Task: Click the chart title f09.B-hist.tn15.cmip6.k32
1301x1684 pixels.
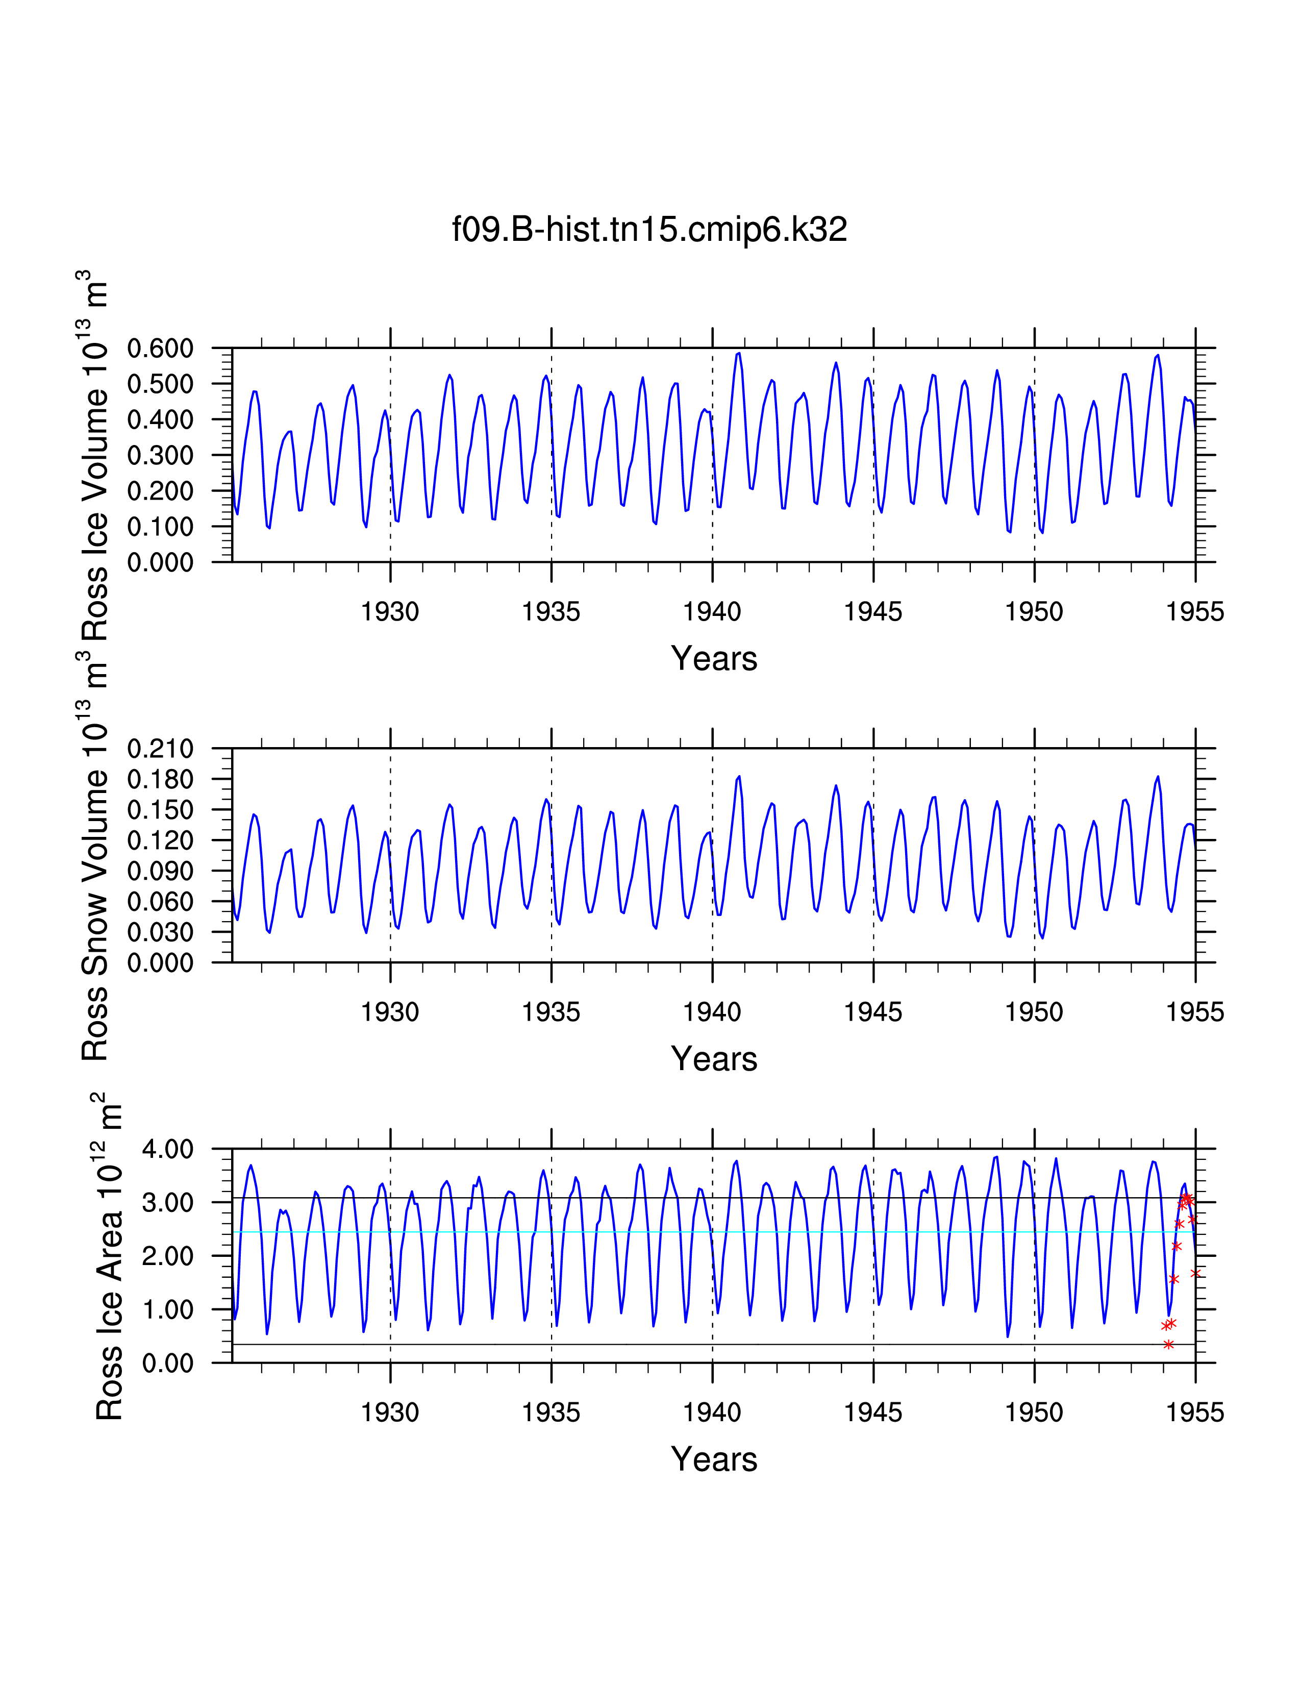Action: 649,230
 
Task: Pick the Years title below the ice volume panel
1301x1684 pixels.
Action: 714,658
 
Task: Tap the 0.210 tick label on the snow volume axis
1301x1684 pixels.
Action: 160,748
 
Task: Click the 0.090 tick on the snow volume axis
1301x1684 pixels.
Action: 160,871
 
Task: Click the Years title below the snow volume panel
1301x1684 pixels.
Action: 714,1059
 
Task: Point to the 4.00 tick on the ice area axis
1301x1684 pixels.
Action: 167,1149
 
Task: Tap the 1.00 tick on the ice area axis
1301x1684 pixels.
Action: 167,1309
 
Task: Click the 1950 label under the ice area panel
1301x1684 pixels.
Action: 1034,1412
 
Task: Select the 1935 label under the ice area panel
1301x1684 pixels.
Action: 551,1412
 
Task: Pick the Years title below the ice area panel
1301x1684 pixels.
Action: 714,1459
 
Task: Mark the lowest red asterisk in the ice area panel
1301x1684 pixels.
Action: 1168,1345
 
